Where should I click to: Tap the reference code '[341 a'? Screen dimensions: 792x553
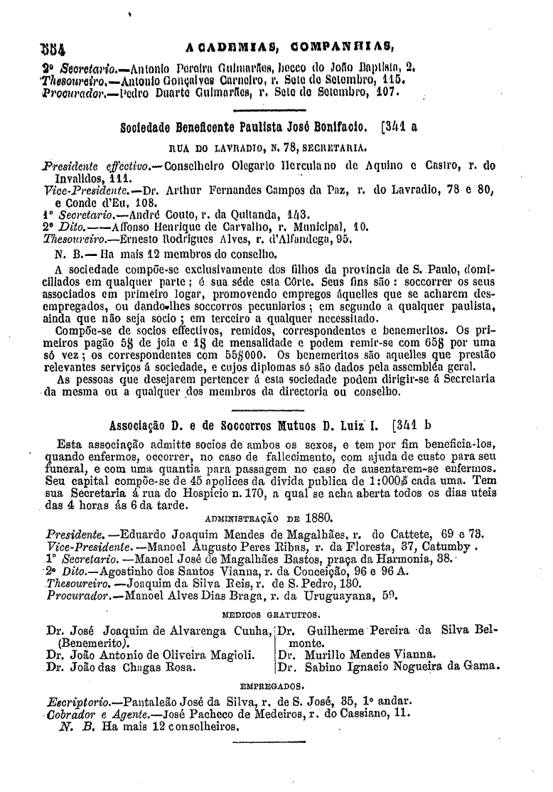pos(400,129)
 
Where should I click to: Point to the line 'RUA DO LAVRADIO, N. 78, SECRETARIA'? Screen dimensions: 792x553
pos(268,149)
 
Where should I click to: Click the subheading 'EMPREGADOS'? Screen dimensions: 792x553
pos(273,687)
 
